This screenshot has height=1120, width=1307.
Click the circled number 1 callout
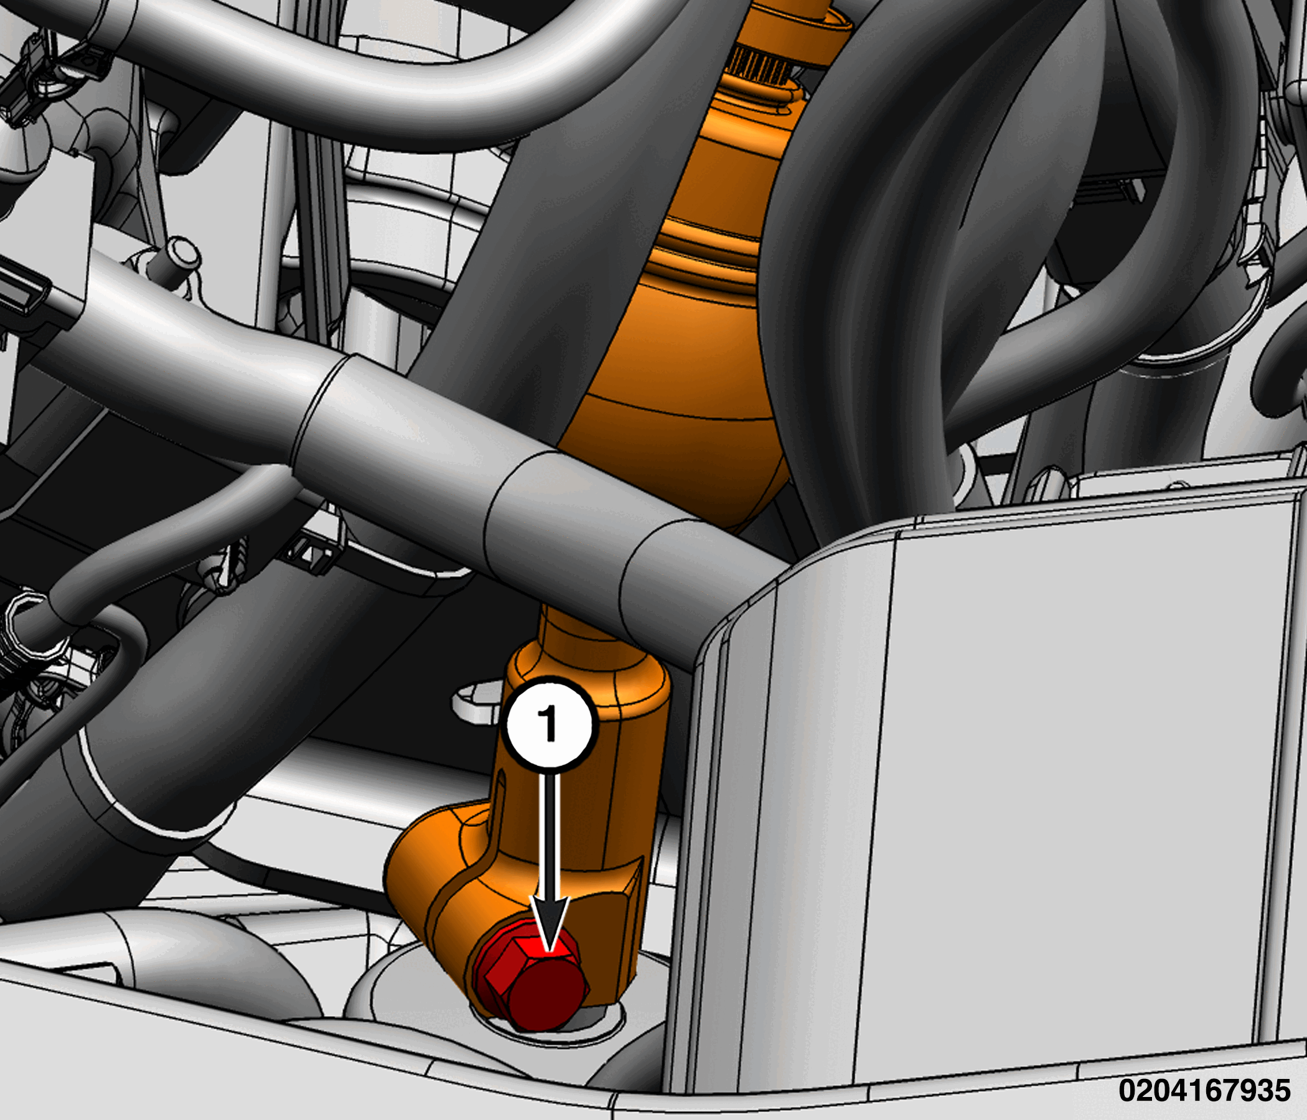pos(550,722)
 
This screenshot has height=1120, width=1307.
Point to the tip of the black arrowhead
pos(550,950)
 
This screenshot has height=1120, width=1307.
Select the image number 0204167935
pos(1204,1090)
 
